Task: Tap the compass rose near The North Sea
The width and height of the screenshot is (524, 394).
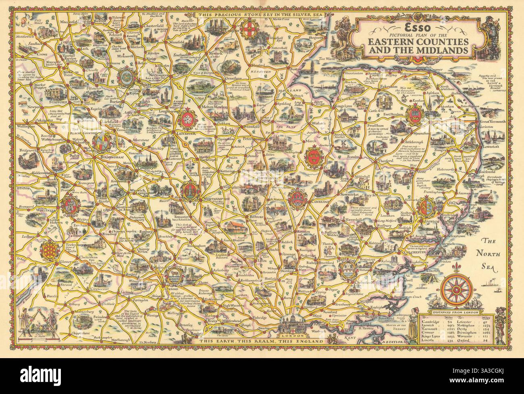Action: [x=457, y=290]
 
